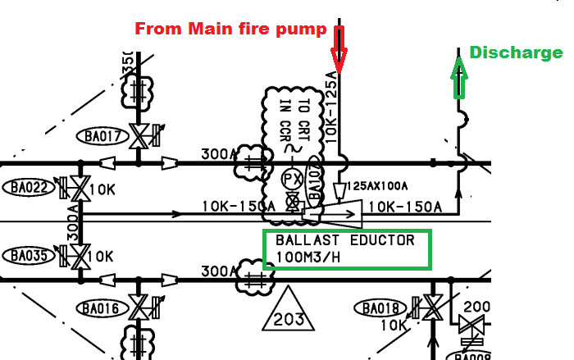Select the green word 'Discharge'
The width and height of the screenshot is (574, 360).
(516, 53)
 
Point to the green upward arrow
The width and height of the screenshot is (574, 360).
(460, 72)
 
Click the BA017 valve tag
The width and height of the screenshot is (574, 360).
(100, 135)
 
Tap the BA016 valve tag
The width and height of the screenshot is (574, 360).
(100, 309)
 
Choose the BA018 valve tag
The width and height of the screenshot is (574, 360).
(380, 308)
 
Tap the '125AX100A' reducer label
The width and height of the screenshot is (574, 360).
(379, 186)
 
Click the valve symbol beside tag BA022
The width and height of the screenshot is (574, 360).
(80, 189)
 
